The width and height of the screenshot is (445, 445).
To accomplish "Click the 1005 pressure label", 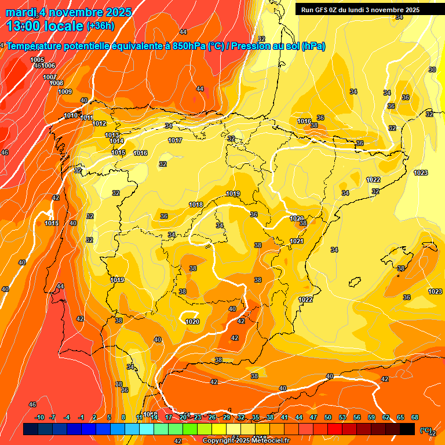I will [37, 60].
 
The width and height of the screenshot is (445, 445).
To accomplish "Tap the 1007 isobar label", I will [49, 77].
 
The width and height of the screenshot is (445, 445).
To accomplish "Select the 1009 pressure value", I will [65, 92].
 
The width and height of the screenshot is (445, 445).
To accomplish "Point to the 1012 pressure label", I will [99, 123].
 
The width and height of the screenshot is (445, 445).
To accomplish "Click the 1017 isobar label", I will [175, 141].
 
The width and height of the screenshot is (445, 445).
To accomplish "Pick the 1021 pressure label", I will [297, 241].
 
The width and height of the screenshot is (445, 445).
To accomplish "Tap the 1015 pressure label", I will [118, 152].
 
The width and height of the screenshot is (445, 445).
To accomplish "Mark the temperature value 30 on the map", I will [432, 70].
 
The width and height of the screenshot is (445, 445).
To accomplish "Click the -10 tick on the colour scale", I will [40, 417].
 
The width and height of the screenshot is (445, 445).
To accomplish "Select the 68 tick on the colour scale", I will [415, 417].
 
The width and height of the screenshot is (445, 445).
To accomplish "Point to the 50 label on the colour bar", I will [328, 417].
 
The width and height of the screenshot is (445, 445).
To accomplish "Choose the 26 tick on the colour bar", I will [212, 417].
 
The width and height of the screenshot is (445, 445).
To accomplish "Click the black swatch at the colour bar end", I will [407, 429].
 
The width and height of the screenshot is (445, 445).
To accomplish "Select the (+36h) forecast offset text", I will [100, 26].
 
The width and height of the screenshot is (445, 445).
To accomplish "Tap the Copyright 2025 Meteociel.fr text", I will [245, 440].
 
